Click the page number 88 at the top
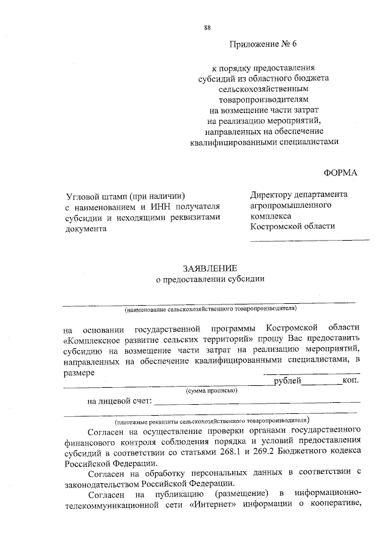coord(207,29)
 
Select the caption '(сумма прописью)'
coord(211,390)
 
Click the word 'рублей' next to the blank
coord(287,380)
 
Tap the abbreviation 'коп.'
coord(351,380)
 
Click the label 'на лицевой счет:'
coord(120,402)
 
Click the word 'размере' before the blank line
coord(78,372)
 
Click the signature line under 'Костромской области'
coord(309,239)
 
